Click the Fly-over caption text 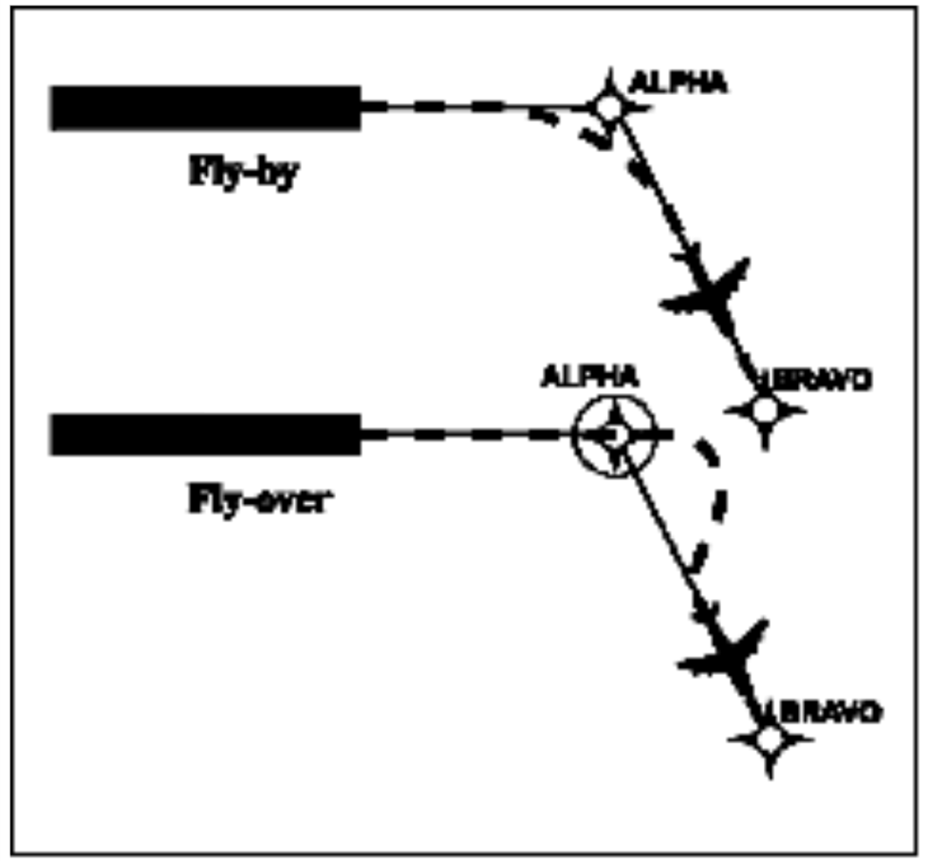[x=255, y=499]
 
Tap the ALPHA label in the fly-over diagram [x=589, y=376]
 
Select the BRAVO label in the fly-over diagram [x=825, y=710]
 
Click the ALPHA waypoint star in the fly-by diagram [x=610, y=107]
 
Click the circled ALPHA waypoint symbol [x=614, y=436]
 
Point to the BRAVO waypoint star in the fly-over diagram [x=770, y=739]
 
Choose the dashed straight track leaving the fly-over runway [x=465, y=435]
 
